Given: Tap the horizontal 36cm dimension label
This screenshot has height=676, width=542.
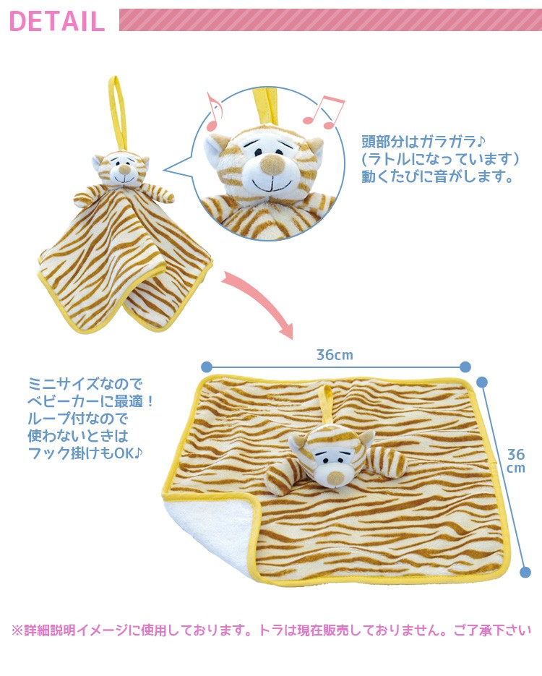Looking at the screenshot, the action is tap(335, 355).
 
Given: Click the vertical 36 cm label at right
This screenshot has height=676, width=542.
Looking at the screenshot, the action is tap(515, 461).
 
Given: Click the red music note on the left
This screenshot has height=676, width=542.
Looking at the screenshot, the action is tap(215, 108).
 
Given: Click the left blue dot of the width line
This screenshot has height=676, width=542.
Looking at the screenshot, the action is tap(207, 367).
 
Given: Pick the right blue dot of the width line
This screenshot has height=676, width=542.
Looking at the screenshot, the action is tap(465, 367).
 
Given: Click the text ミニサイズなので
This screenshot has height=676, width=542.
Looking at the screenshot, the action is tap(86, 382).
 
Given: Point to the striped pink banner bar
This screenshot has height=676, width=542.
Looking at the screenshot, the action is tap(330, 20).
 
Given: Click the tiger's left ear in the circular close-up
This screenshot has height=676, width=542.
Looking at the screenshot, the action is tap(214, 148).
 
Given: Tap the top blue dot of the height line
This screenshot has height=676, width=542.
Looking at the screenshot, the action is tap(483, 381).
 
